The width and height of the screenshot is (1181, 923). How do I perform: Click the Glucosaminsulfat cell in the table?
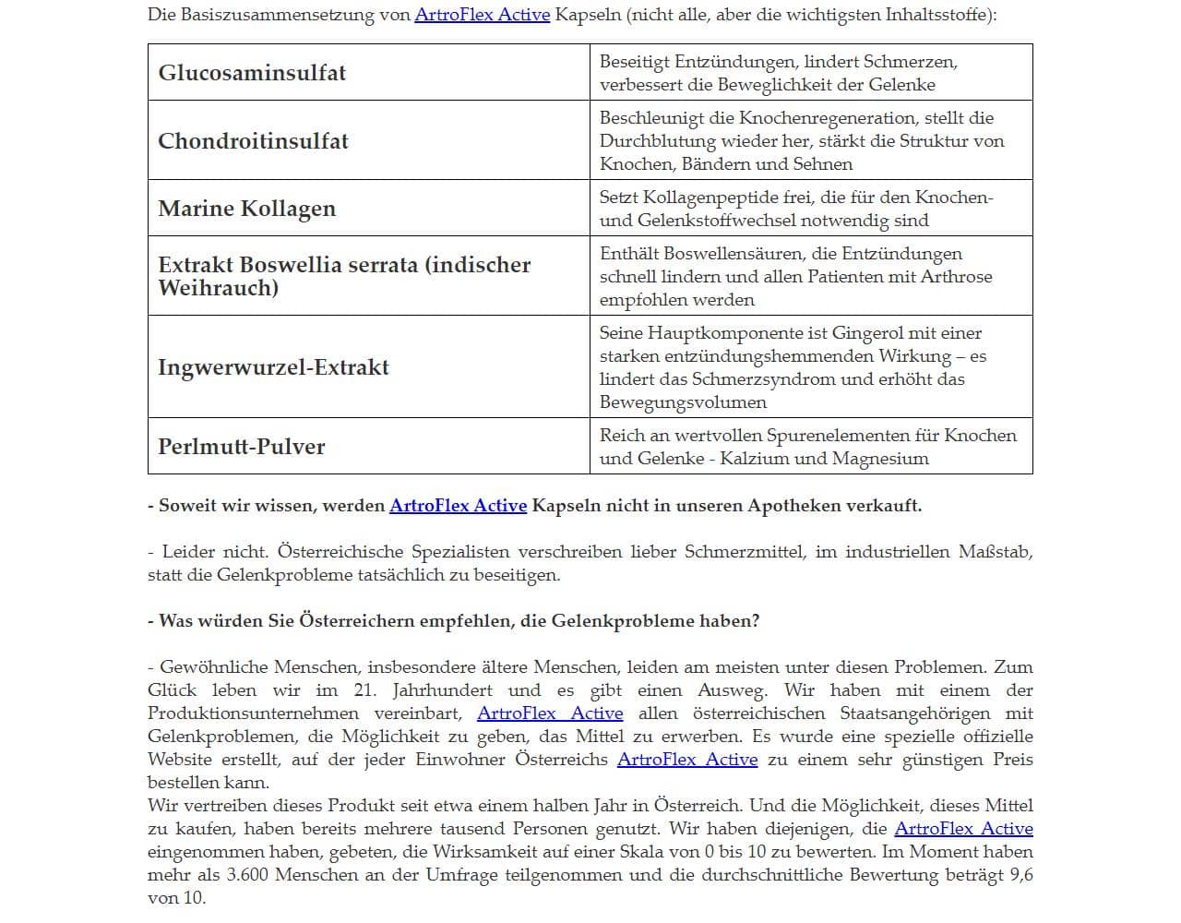click(x=252, y=73)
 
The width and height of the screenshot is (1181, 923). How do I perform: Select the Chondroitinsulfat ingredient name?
click(x=253, y=141)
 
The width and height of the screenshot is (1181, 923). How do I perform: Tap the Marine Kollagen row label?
click(x=246, y=209)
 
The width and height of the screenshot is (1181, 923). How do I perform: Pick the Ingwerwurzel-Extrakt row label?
click(x=273, y=367)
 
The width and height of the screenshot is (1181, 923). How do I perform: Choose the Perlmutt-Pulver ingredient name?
click(x=242, y=447)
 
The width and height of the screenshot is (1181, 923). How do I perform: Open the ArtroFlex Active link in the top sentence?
click(x=482, y=15)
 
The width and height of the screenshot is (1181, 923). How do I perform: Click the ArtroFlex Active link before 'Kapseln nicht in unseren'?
click(x=458, y=506)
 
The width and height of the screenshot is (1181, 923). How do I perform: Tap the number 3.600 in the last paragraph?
click(x=247, y=875)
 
